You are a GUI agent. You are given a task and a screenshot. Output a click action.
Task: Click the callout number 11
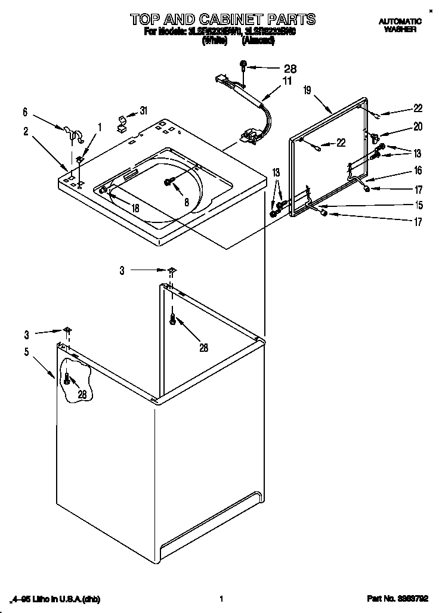[287, 81]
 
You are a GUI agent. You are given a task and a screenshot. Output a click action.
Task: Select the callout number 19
[307, 90]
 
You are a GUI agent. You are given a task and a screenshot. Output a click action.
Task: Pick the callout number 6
[25, 112]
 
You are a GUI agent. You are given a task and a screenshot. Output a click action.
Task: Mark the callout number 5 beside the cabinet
[26, 352]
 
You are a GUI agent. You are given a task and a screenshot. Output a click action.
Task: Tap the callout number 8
[186, 203]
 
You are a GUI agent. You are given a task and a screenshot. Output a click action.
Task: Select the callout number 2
[26, 132]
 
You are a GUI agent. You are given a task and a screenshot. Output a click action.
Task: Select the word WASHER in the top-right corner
[400, 29]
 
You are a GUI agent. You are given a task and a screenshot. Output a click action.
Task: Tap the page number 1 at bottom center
[221, 599]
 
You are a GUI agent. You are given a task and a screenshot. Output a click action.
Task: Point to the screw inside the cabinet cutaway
[67, 379]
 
